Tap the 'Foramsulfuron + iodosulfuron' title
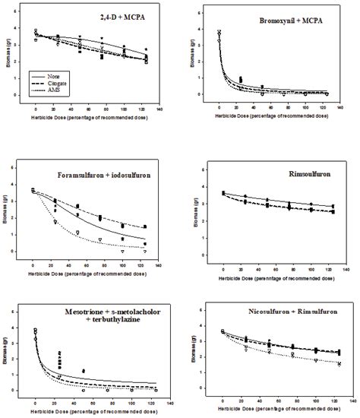(x=113, y=176)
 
